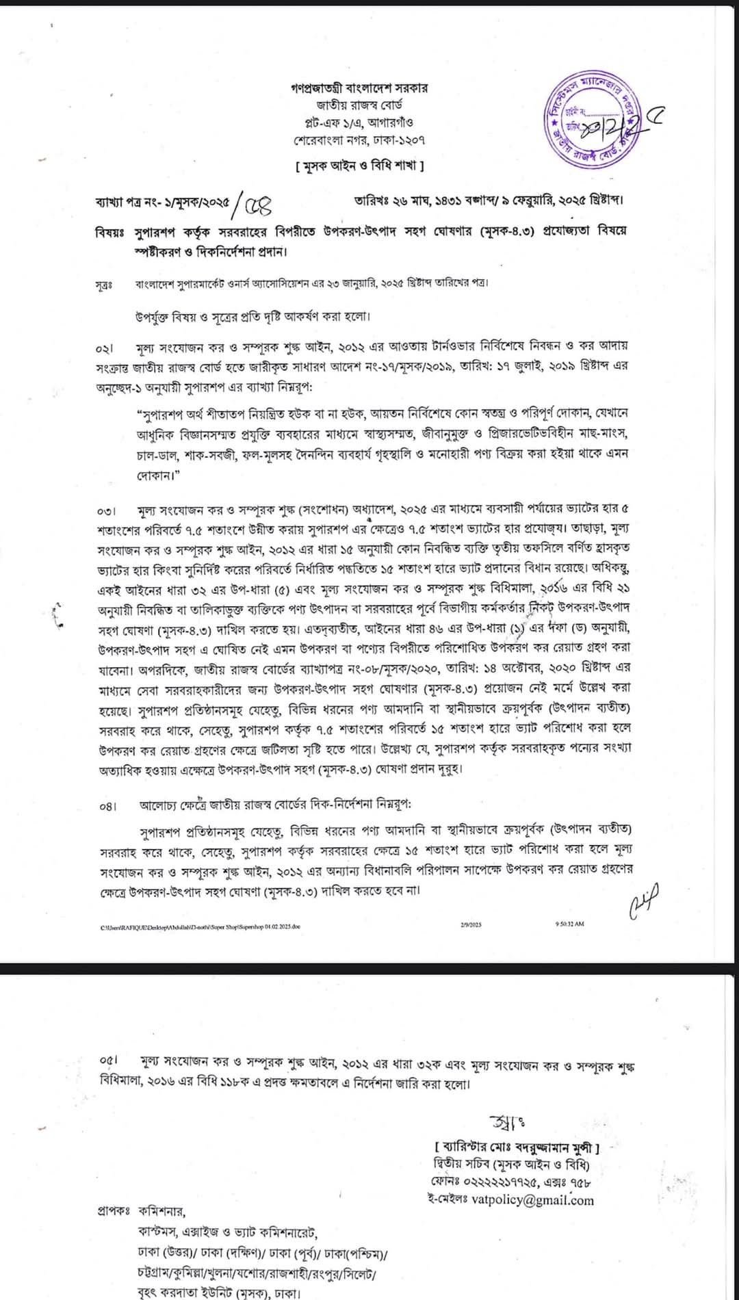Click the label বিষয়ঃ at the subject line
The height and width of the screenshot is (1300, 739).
click(x=109, y=231)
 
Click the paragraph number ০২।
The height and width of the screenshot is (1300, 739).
click(x=106, y=349)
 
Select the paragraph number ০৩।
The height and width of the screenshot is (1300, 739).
click(x=107, y=512)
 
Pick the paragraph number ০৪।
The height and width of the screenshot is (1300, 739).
click(x=107, y=807)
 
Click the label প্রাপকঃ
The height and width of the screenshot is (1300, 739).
click(x=114, y=1210)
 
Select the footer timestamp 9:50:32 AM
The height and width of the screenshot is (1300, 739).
click(x=570, y=924)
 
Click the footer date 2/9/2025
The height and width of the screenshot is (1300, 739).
click(x=471, y=924)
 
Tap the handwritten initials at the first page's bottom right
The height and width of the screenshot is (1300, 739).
click(x=643, y=901)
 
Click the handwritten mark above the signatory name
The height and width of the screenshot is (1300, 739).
click(x=506, y=1122)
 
